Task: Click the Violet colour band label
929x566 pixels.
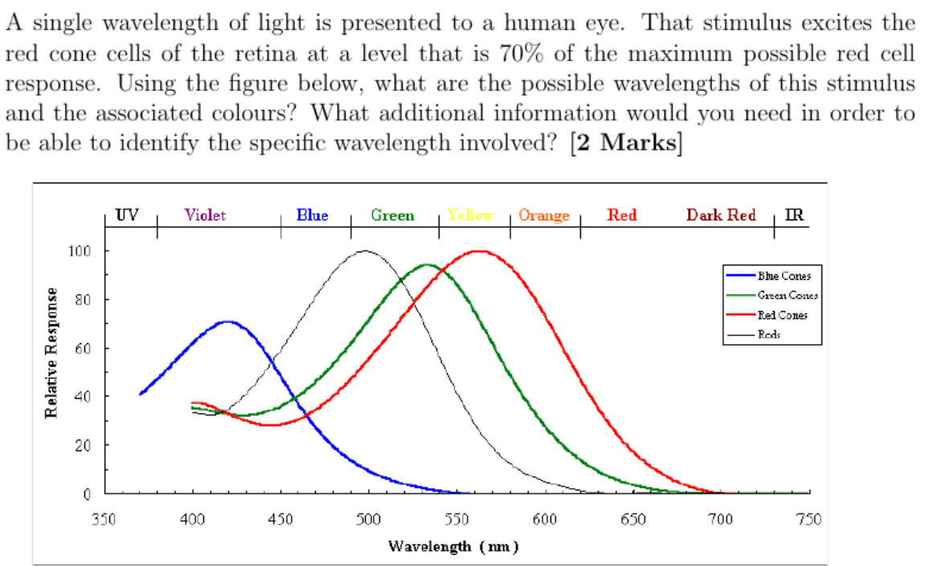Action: tap(205, 215)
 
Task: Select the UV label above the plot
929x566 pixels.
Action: tap(126, 215)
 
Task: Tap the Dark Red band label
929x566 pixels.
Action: tap(720, 215)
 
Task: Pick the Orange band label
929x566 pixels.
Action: tap(544, 215)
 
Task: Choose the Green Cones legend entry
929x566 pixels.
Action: tap(775, 295)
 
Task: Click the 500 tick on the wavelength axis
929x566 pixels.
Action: tap(368, 519)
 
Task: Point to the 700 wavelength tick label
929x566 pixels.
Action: tap(720, 519)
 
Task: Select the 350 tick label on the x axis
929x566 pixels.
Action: tap(104, 519)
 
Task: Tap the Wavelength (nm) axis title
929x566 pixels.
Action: tap(453, 547)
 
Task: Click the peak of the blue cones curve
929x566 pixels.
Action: tap(228, 322)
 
